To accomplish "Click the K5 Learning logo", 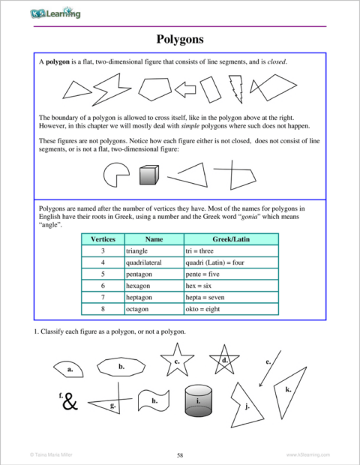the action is (56, 13).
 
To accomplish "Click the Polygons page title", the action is (180, 38).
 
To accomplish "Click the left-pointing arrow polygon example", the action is (184, 89).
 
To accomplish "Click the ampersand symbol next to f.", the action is (70, 403).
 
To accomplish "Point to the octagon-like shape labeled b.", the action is (121, 367).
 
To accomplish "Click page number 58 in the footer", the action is (180, 454).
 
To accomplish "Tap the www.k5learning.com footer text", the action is (308, 454).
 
